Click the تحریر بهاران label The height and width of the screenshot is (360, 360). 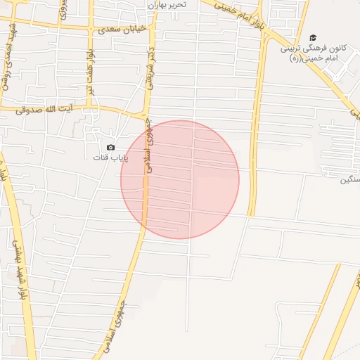(167, 5)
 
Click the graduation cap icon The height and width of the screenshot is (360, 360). (313, 38)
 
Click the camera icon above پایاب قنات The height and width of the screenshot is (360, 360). (110, 147)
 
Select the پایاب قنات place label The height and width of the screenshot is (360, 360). (111, 157)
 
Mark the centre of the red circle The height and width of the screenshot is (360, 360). (180, 180)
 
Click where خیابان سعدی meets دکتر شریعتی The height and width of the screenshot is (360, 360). (151, 28)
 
